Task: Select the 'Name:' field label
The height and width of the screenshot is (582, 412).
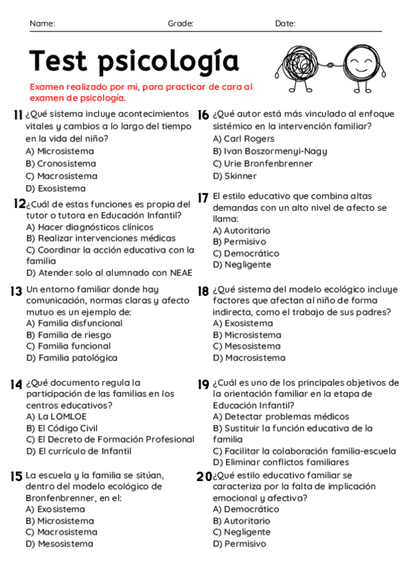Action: point(43,24)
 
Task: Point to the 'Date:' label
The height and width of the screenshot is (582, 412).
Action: point(285,24)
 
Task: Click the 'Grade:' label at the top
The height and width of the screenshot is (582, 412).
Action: point(181,24)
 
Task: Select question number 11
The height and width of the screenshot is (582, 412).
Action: point(18,115)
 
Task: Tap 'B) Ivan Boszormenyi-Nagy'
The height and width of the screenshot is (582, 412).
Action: point(270,151)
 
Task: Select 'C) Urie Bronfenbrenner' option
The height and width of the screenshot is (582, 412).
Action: point(262,163)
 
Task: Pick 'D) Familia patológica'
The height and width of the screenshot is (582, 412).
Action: point(71,358)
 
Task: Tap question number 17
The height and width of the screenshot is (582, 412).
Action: point(203,198)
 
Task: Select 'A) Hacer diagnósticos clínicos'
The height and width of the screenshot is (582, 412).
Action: point(80,226)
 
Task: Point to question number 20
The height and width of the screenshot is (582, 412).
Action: point(204,476)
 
